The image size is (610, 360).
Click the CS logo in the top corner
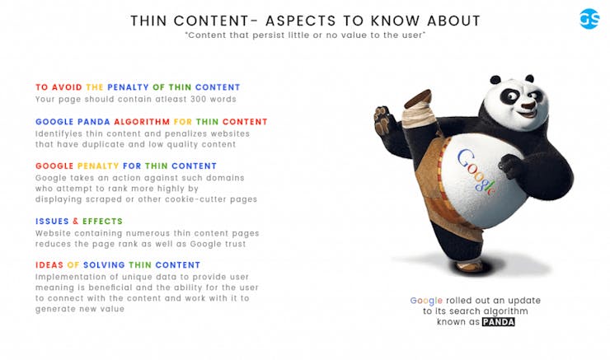point(589,19)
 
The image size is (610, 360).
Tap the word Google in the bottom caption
point(426,301)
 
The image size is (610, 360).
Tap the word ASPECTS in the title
point(309,20)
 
